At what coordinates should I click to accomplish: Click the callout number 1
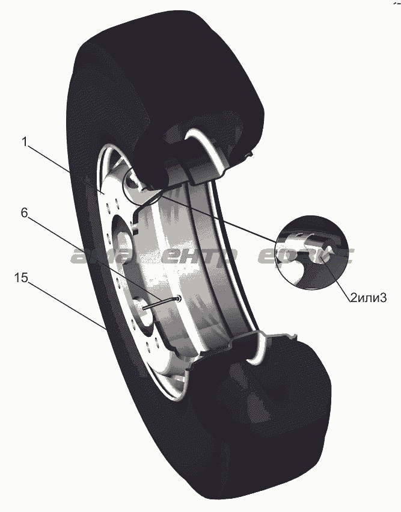(x=25, y=143)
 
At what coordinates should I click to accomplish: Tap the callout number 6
(x=25, y=212)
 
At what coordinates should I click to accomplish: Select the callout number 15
(x=21, y=278)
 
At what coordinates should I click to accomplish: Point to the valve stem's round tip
(x=181, y=298)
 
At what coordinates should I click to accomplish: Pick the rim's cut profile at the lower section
(x=246, y=343)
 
